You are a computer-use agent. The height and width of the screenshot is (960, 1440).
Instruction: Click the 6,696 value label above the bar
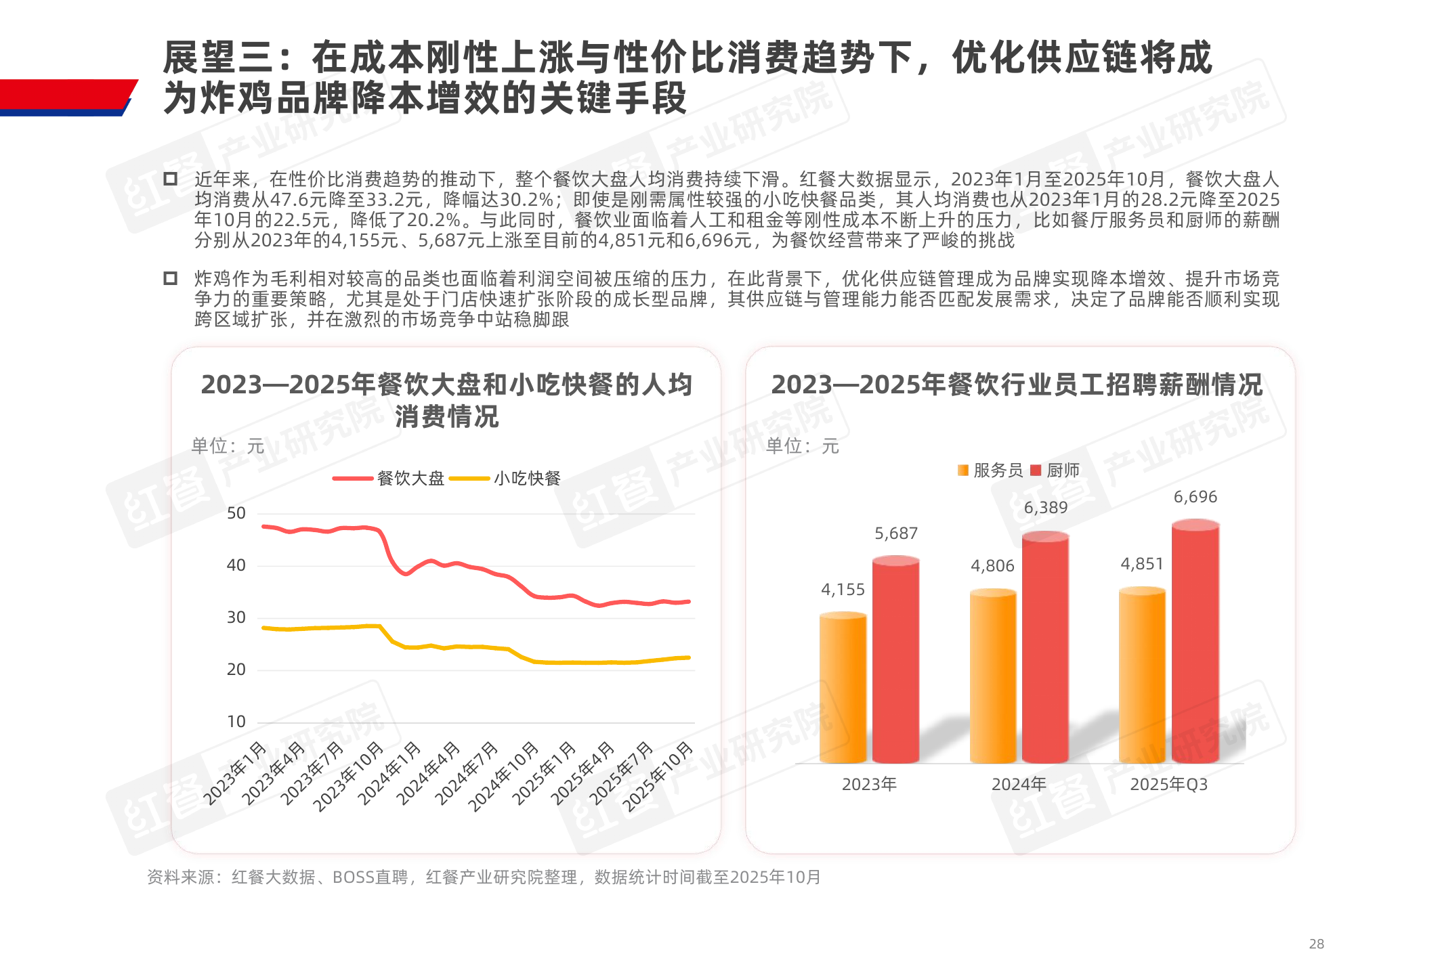pyautogui.click(x=1195, y=497)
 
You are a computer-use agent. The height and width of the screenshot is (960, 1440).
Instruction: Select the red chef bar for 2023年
pyautogui.click(x=895, y=660)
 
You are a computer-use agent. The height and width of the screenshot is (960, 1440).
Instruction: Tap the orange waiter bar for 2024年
pyautogui.click(x=992, y=677)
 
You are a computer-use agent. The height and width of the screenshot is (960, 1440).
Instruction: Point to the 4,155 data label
pyautogui.click(x=843, y=590)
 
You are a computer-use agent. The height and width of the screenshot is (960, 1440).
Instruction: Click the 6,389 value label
pyautogui.click(x=1045, y=508)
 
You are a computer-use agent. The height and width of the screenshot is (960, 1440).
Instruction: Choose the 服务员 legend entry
pyautogui.click(x=990, y=471)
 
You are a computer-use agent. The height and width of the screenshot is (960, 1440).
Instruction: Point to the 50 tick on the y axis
pyautogui.click(x=236, y=513)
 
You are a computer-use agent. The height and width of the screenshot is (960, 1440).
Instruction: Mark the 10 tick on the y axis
pyautogui.click(x=236, y=722)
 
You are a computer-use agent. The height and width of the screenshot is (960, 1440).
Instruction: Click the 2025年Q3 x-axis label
pyautogui.click(x=1168, y=785)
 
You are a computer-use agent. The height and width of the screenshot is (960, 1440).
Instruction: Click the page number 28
pyautogui.click(x=1316, y=944)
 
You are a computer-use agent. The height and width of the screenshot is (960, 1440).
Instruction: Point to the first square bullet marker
pyautogui.click(x=171, y=179)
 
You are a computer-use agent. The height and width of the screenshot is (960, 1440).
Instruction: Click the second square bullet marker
pyautogui.click(x=171, y=279)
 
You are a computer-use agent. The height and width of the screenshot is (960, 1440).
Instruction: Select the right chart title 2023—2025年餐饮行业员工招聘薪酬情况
pyautogui.click(x=1017, y=385)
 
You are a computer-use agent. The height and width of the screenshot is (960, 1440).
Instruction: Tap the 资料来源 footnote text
pyautogui.click(x=484, y=877)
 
